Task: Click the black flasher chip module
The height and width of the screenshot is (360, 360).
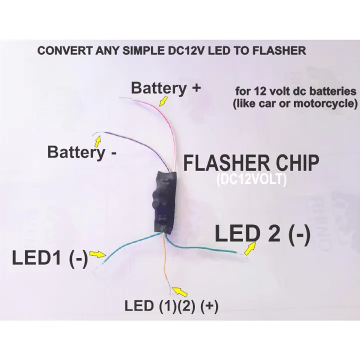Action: tap(164, 202)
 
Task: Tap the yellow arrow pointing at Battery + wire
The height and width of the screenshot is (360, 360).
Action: tap(163, 101)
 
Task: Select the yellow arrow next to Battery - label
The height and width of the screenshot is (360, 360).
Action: tap(98, 141)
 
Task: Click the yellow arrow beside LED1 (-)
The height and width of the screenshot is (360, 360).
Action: tap(97, 254)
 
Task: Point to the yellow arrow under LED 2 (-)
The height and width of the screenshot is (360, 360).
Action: tap(250, 248)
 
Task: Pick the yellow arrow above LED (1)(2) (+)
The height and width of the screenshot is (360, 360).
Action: tap(180, 291)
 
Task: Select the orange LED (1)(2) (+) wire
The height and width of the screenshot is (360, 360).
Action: tap(165, 264)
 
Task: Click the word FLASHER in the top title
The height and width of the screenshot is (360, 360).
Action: tap(279, 50)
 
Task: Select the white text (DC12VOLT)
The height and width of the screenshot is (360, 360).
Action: tap(252, 180)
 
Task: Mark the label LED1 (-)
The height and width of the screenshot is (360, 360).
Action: tap(50, 257)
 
